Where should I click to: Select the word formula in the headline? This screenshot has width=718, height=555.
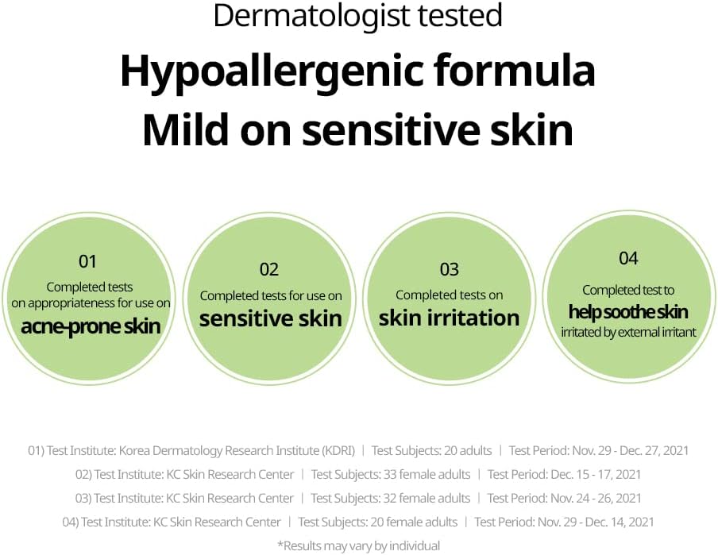tap(515, 70)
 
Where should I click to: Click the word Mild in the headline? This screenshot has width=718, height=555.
tap(185, 129)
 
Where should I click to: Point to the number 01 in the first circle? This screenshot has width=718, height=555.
tap(87, 261)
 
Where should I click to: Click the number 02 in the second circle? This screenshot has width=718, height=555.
tap(269, 269)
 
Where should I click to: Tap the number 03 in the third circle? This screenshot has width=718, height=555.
tap(450, 269)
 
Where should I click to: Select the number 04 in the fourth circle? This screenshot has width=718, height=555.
tap(628, 258)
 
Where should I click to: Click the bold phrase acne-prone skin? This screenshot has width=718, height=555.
tap(91, 327)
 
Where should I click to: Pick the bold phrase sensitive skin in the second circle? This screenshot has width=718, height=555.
tap(271, 318)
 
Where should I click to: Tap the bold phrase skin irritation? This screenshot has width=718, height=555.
tap(450, 318)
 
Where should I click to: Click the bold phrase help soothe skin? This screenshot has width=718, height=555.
tap(628, 312)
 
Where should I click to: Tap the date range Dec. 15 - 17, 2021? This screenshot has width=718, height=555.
tap(596, 474)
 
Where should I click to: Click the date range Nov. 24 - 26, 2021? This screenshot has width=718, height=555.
tap(596, 498)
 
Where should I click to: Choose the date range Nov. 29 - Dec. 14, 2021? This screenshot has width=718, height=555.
tap(596, 522)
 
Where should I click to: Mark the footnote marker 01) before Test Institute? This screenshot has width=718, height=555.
tap(37, 451)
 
